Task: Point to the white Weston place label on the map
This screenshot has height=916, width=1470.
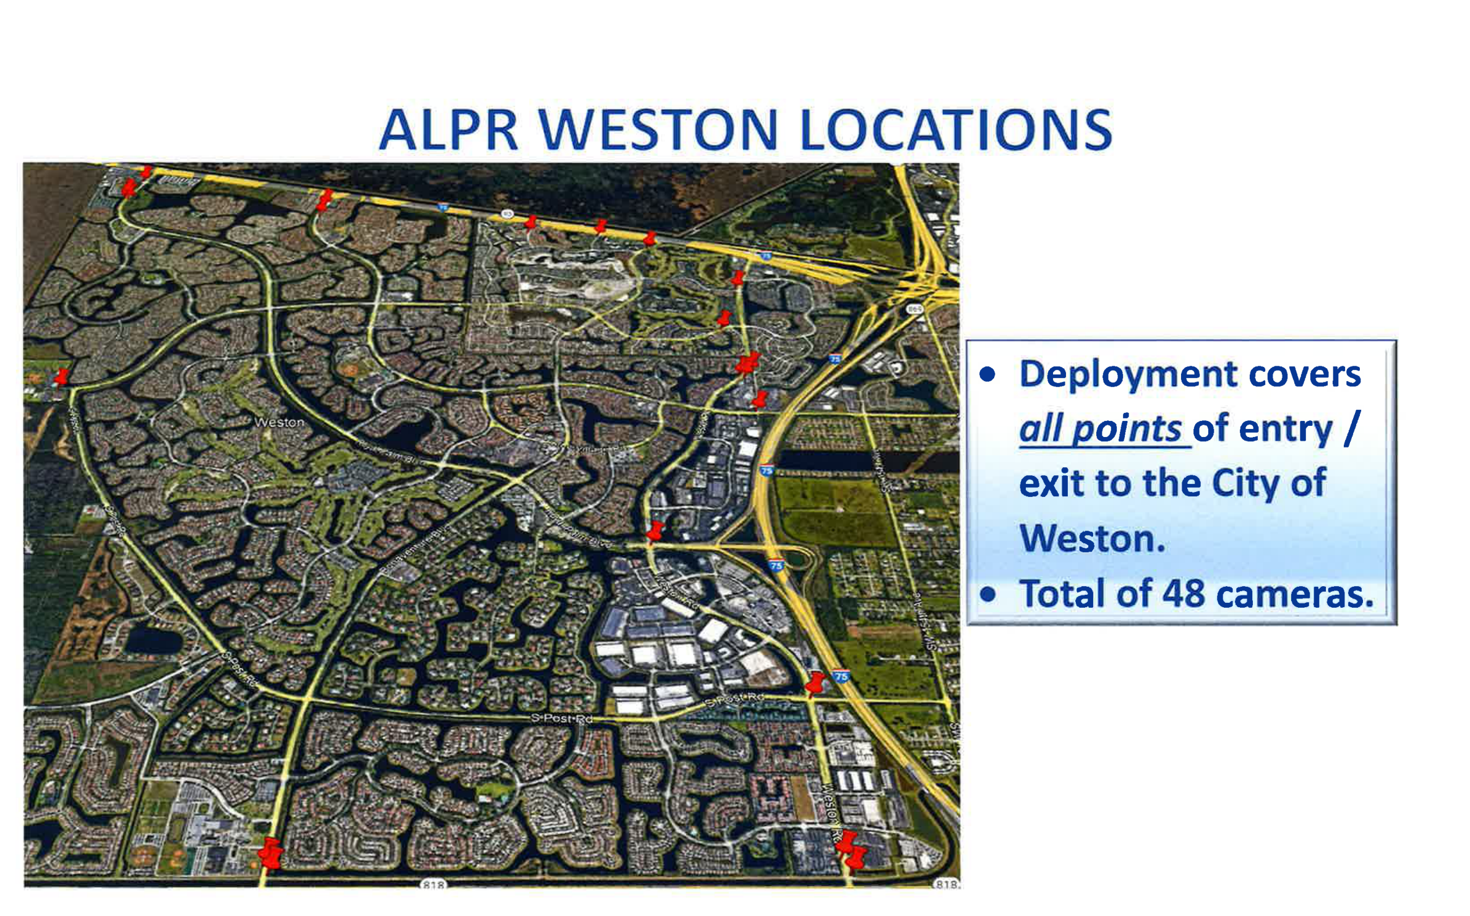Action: pyautogui.click(x=279, y=422)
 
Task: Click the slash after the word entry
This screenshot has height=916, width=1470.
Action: pyautogui.click(x=1351, y=429)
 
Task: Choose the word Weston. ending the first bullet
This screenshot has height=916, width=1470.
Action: pyautogui.click(x=1092, y=538)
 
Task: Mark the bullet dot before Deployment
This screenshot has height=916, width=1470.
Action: pyautogui.click(x=988, y=374)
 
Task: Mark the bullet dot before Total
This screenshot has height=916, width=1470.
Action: pyautogui.click(x=988, y=595)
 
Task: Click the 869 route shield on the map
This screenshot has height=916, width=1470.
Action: pyautogui.click(x=914, y=309)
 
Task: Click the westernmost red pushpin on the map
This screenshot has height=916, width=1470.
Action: pyautogui.click(x=61, y=376)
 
